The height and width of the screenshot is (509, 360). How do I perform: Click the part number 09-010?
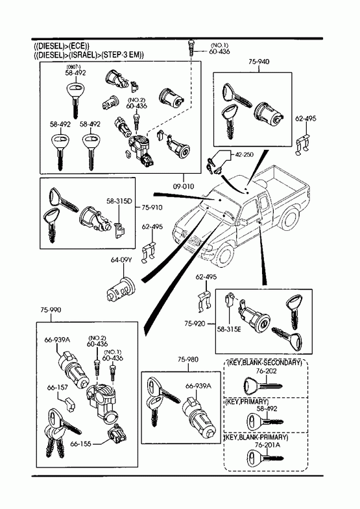184,186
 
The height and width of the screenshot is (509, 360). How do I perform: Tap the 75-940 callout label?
259,62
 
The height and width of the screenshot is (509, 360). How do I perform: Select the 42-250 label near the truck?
245,155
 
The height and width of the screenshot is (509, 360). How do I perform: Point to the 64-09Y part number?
122,260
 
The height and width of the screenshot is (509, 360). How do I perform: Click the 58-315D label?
119,201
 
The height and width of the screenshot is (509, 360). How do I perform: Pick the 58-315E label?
229,329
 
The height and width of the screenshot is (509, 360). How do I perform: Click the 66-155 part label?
80,444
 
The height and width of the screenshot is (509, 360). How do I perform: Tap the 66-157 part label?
58,388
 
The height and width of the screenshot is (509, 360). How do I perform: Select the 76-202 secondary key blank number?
266,371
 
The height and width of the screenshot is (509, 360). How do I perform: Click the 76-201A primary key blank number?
267,445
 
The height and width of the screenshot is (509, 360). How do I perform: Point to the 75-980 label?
188,359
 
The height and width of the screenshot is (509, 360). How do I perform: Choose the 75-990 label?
51,310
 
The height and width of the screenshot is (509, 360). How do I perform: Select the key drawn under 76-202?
263,386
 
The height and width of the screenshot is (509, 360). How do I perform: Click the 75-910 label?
152,207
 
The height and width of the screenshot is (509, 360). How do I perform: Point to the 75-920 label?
195,324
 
